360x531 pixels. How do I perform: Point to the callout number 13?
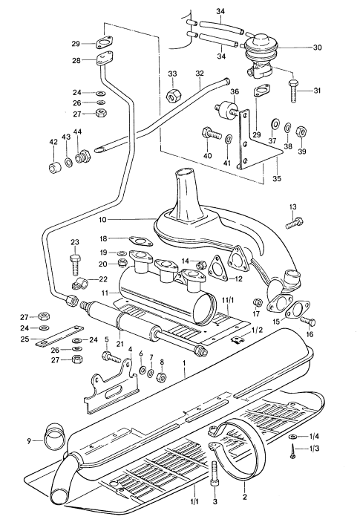[292, 206]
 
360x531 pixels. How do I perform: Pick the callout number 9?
[30, 441]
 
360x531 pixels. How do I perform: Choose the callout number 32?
[199, 74]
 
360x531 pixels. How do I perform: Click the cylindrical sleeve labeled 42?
[53, 168]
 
